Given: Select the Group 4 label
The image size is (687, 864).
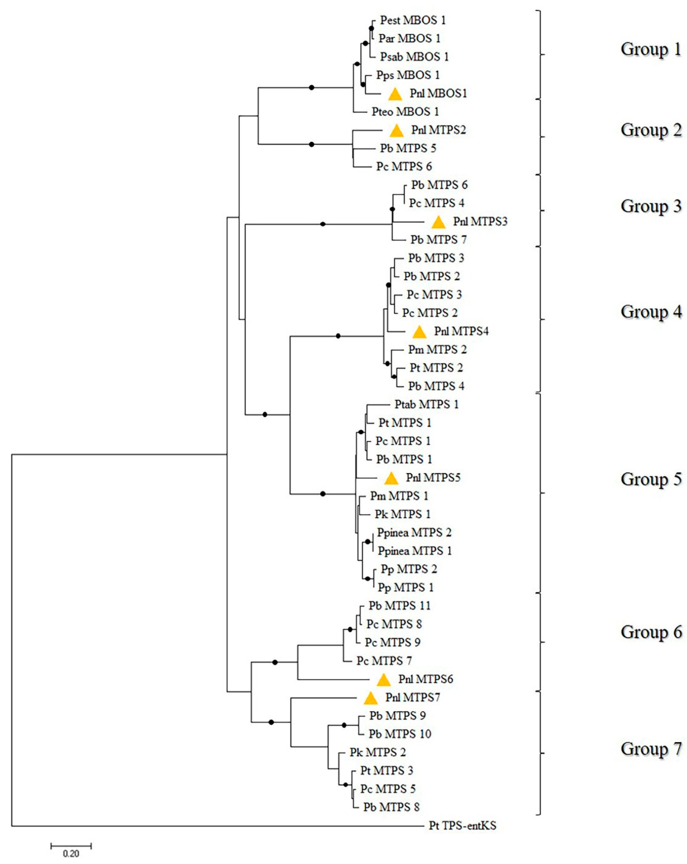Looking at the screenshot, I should tap(651, 312).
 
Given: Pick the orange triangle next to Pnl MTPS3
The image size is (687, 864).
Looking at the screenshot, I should tap(438, 222).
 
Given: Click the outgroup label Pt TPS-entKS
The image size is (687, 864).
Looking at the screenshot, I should tap(462, 826).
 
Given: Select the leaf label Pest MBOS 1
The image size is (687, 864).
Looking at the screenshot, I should tap(413, 20).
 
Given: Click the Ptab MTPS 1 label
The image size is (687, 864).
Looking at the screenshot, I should tap(426, 404).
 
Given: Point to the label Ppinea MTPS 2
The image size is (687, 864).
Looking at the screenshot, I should tap(414, 533).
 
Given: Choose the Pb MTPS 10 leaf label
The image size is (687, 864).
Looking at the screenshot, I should tap(400, 734).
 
